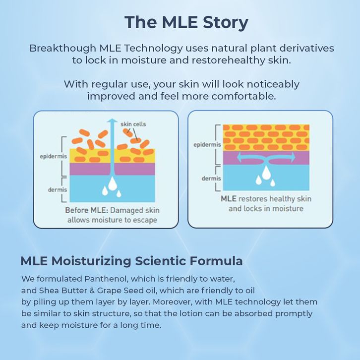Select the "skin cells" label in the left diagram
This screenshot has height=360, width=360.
[133, 123]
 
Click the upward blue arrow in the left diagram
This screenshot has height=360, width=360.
[113, 149]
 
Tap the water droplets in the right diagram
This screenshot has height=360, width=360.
[266, 176]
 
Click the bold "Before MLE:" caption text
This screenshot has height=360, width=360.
[85, 210]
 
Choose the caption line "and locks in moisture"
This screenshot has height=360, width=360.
[266, 209]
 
